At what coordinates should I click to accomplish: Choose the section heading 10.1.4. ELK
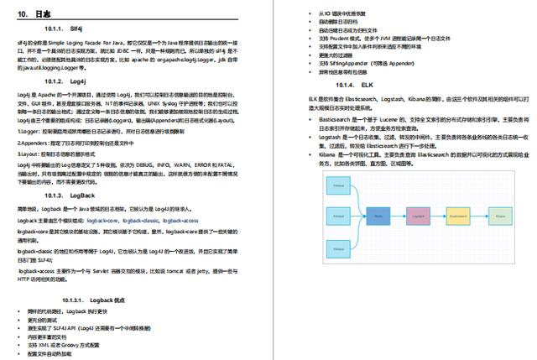[x=354, y=85]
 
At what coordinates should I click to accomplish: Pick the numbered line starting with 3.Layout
[x=67, y=154]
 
